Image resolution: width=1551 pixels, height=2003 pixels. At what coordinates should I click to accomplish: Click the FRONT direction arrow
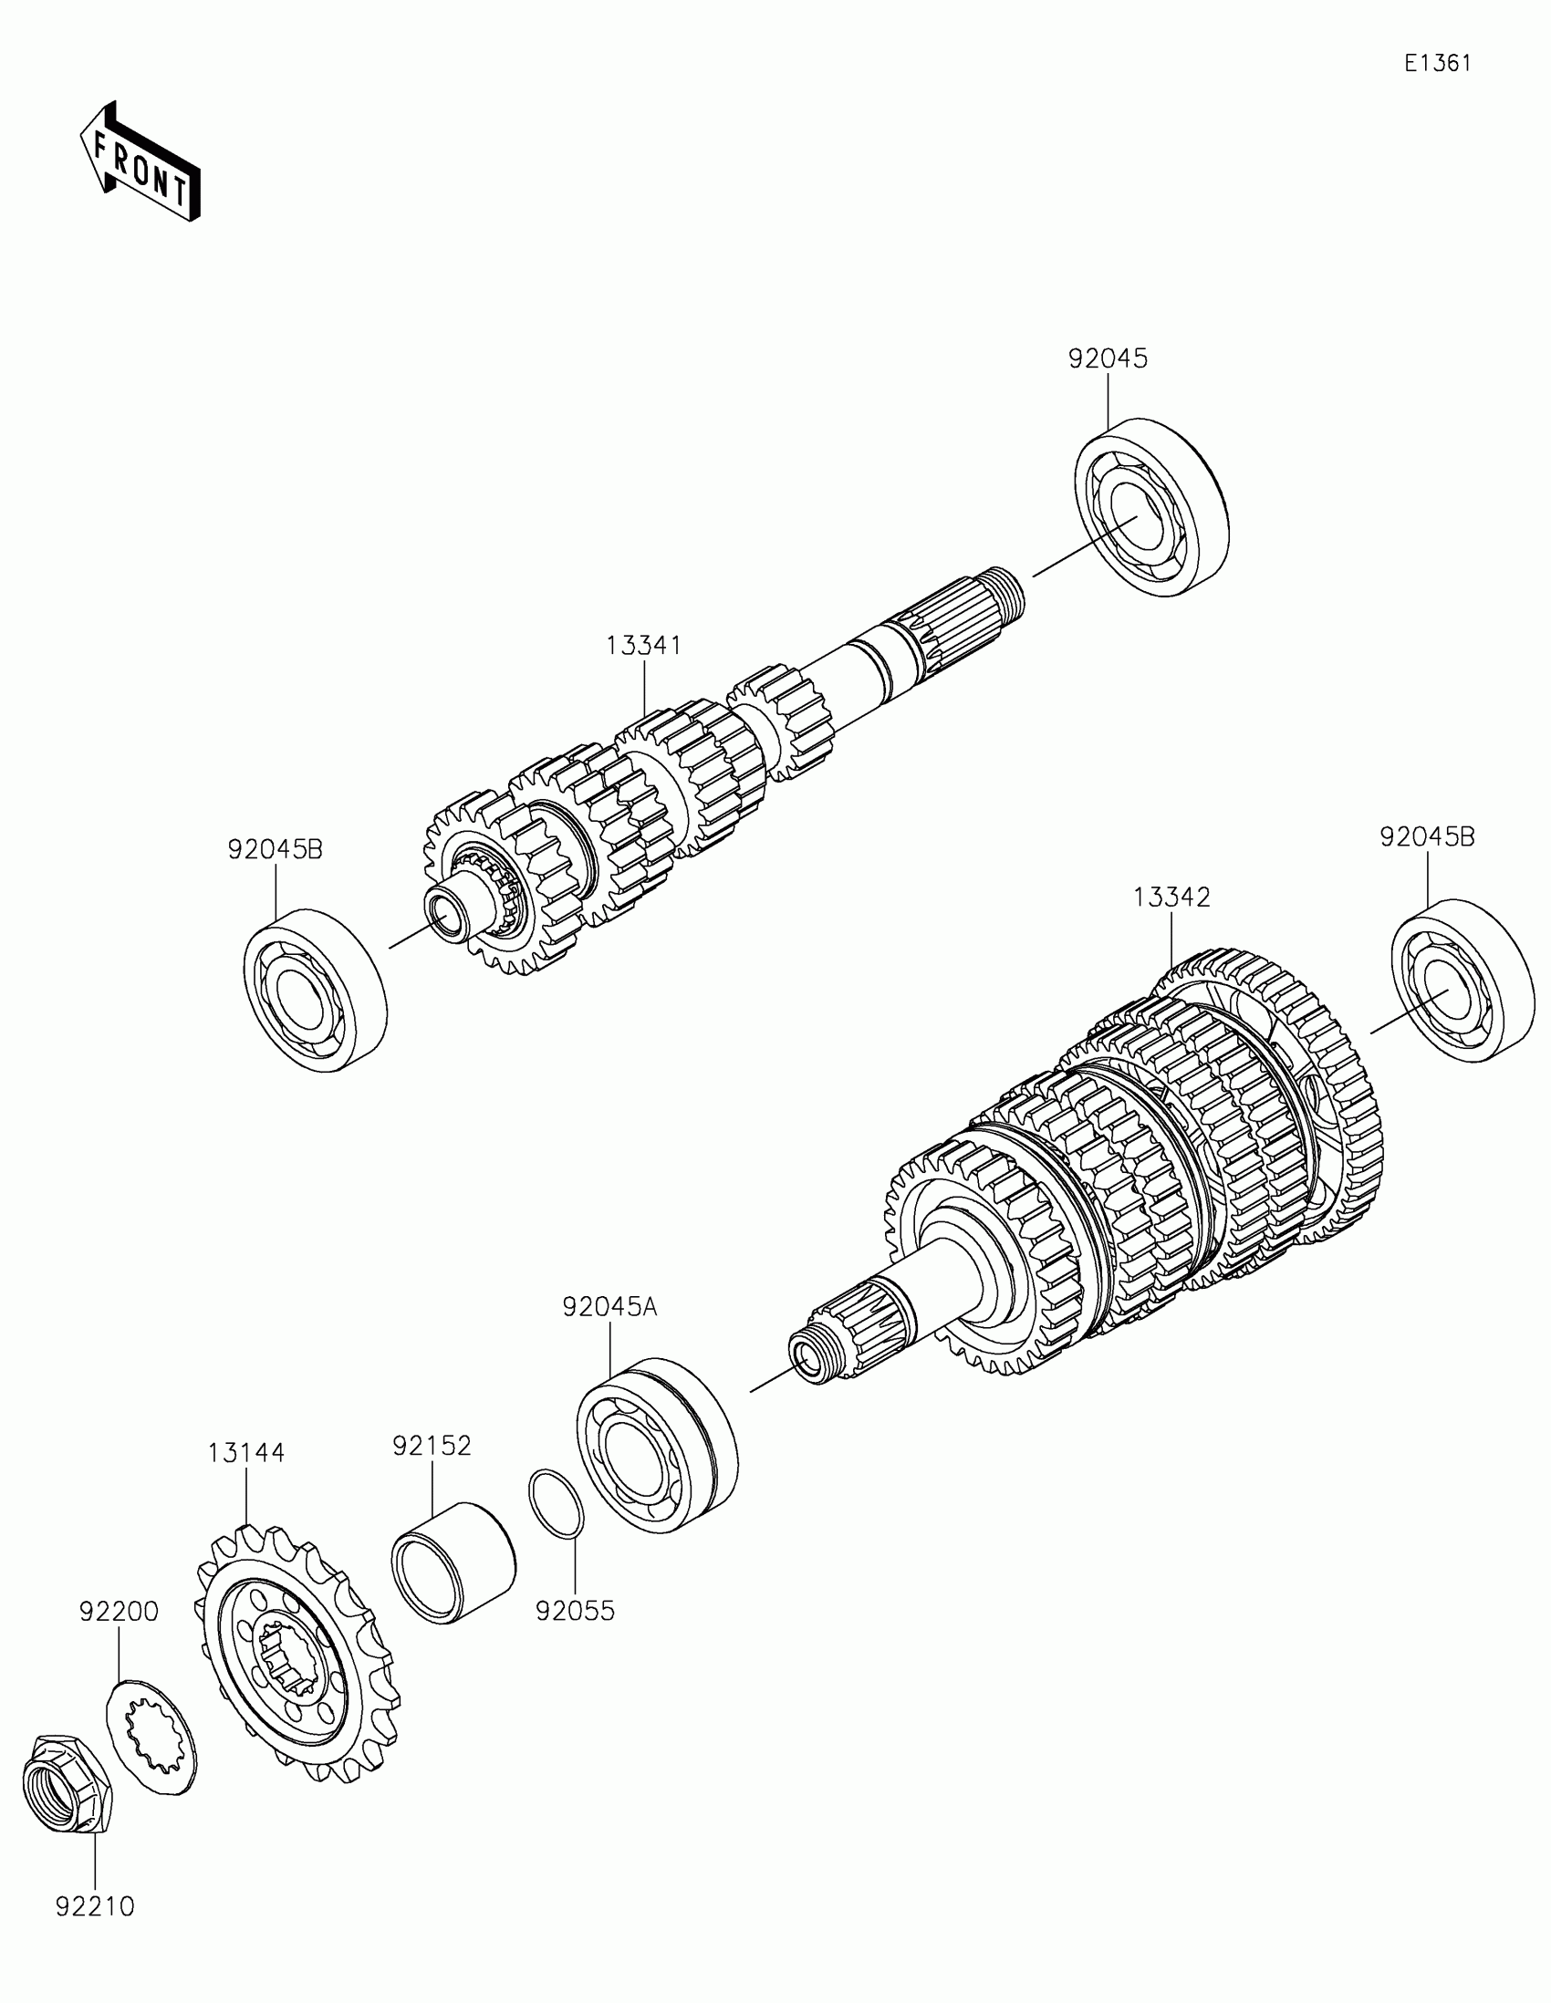click(x=140, y=163)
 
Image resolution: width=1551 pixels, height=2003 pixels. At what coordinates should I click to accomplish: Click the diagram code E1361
click(x=1437, y=63)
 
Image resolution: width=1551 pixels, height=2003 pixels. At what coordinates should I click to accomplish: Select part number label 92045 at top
click(x=1107, y=358)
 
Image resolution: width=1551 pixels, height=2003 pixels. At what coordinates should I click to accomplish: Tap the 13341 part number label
click(x=643, y=646)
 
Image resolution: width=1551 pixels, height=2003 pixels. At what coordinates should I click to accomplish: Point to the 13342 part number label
click(x=1171, y=897)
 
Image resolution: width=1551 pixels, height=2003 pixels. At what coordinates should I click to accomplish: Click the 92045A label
click(x=610, y=1306)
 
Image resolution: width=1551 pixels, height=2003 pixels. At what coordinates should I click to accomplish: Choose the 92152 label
click(x=432, y=1446)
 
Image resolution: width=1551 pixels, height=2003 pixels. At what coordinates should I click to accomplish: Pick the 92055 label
click(x=575, y=1611)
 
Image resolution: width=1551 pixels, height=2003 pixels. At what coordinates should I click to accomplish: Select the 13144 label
click(x=245, y=1453)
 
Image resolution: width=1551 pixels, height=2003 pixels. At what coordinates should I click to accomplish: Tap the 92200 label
click(x=119, y=1612)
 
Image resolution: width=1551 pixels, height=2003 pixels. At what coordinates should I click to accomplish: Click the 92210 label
click(x=95, y=1906)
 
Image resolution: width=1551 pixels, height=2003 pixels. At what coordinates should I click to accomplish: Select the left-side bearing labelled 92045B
click(x=315, y=991)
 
